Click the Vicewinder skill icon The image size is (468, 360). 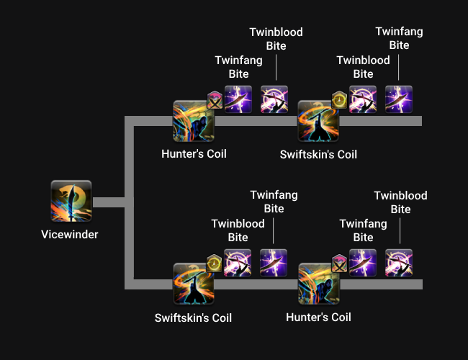click(x=71, y=201)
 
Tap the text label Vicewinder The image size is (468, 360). click(x=70, y=235)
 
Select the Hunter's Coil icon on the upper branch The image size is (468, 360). click(x=194, y=121)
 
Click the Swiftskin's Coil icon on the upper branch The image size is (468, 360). click(x=318, y=121)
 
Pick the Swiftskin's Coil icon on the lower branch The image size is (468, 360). click(x=194, y=284)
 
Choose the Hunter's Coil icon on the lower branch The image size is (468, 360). click(x=319, y=284)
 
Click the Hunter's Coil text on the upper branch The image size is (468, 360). click(x=194, y=154)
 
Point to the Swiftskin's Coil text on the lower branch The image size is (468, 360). click(x=193, y=318)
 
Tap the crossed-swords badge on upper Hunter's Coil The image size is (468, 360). click(x=215, y=100)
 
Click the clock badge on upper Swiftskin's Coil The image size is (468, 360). click(x=339, y=100)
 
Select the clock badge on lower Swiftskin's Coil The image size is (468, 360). click(x=215, y=264)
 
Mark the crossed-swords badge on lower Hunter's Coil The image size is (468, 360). click(x=339, y=264)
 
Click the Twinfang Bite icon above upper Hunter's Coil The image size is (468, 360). click(x=238, y=99)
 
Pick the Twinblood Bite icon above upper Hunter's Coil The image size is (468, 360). click(x=274, y=99)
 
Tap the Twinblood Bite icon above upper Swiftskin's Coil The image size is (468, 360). click(x=363, y=99)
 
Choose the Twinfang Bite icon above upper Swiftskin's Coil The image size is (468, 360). click(x=399, y=99)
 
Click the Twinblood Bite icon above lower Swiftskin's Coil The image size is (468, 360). click(x=238, y=263)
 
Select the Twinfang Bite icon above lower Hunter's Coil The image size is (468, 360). click(x=363, y=263)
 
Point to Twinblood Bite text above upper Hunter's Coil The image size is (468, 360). click(x=276, y=39)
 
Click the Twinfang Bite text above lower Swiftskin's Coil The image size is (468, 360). click(x=274, y=202)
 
